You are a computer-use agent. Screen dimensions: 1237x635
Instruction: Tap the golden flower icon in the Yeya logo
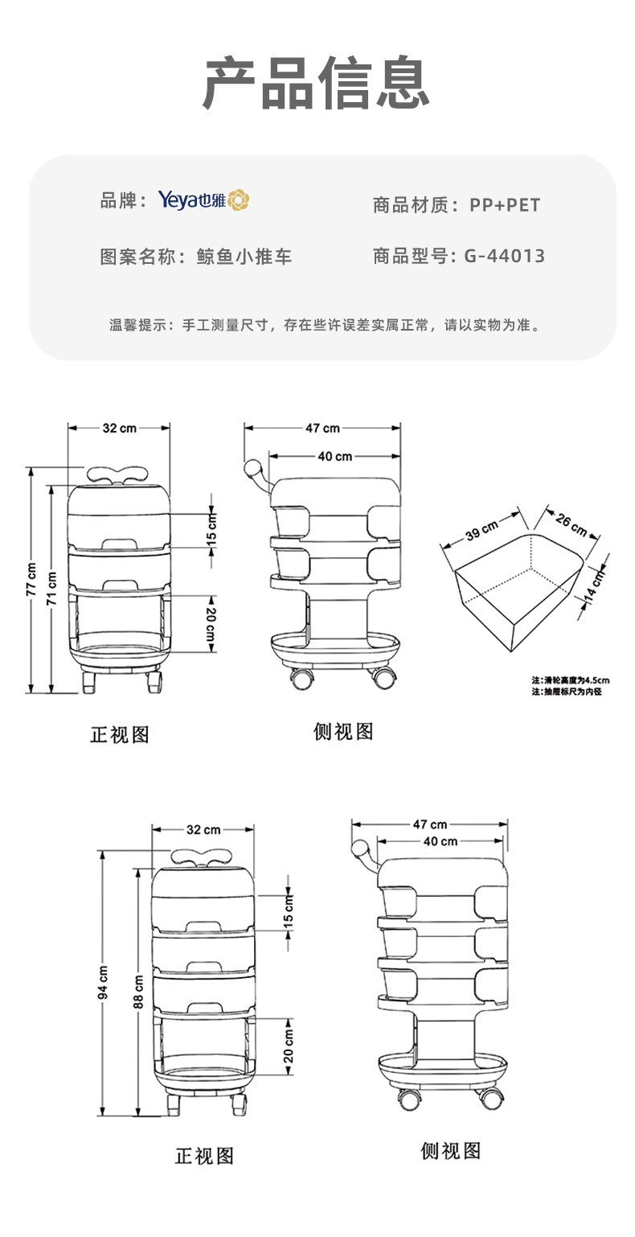click(239, 200)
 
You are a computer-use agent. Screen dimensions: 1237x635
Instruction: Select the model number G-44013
click(504, 256)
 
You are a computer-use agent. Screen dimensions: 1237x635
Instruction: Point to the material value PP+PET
click(504, 204)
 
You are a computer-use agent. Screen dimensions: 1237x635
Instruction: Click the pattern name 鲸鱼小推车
click(244, 257)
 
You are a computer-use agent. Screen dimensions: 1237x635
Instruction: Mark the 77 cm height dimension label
click(31, 579)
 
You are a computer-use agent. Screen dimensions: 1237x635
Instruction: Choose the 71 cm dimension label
click(52, 589)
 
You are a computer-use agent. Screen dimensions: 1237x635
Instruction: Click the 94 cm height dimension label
click(103, 981)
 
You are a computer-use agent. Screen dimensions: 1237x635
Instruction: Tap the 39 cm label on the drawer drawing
click(481, 532)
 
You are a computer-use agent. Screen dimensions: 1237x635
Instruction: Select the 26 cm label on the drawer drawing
click(571, 525)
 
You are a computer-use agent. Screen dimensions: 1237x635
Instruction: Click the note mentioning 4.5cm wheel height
click(571, 679)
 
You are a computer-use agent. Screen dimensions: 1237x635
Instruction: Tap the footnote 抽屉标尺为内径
click(566, 691)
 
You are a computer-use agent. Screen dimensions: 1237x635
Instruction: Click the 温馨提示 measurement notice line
click(324, 325)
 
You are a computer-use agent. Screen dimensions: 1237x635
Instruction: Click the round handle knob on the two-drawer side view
click(254, 466)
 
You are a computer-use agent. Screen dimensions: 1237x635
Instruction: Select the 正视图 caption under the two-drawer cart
click(120, 734)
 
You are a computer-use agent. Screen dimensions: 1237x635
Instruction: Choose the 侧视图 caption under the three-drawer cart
click(450, 1151)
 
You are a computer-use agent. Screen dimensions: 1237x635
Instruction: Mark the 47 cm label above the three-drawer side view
click(429, 824)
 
